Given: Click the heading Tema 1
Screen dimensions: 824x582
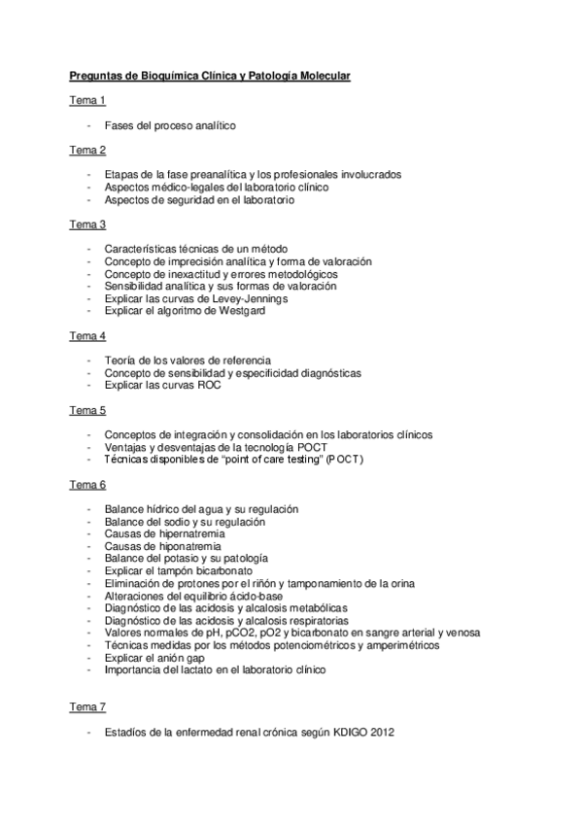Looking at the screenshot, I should pos(86,100).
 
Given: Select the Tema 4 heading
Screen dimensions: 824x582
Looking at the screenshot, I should pos(86,335).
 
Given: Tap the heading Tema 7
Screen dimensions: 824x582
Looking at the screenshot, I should pos(86,705).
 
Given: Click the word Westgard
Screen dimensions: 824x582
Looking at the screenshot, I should pos(237,311).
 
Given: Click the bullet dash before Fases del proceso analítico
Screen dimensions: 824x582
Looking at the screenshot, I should pos(88,125).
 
